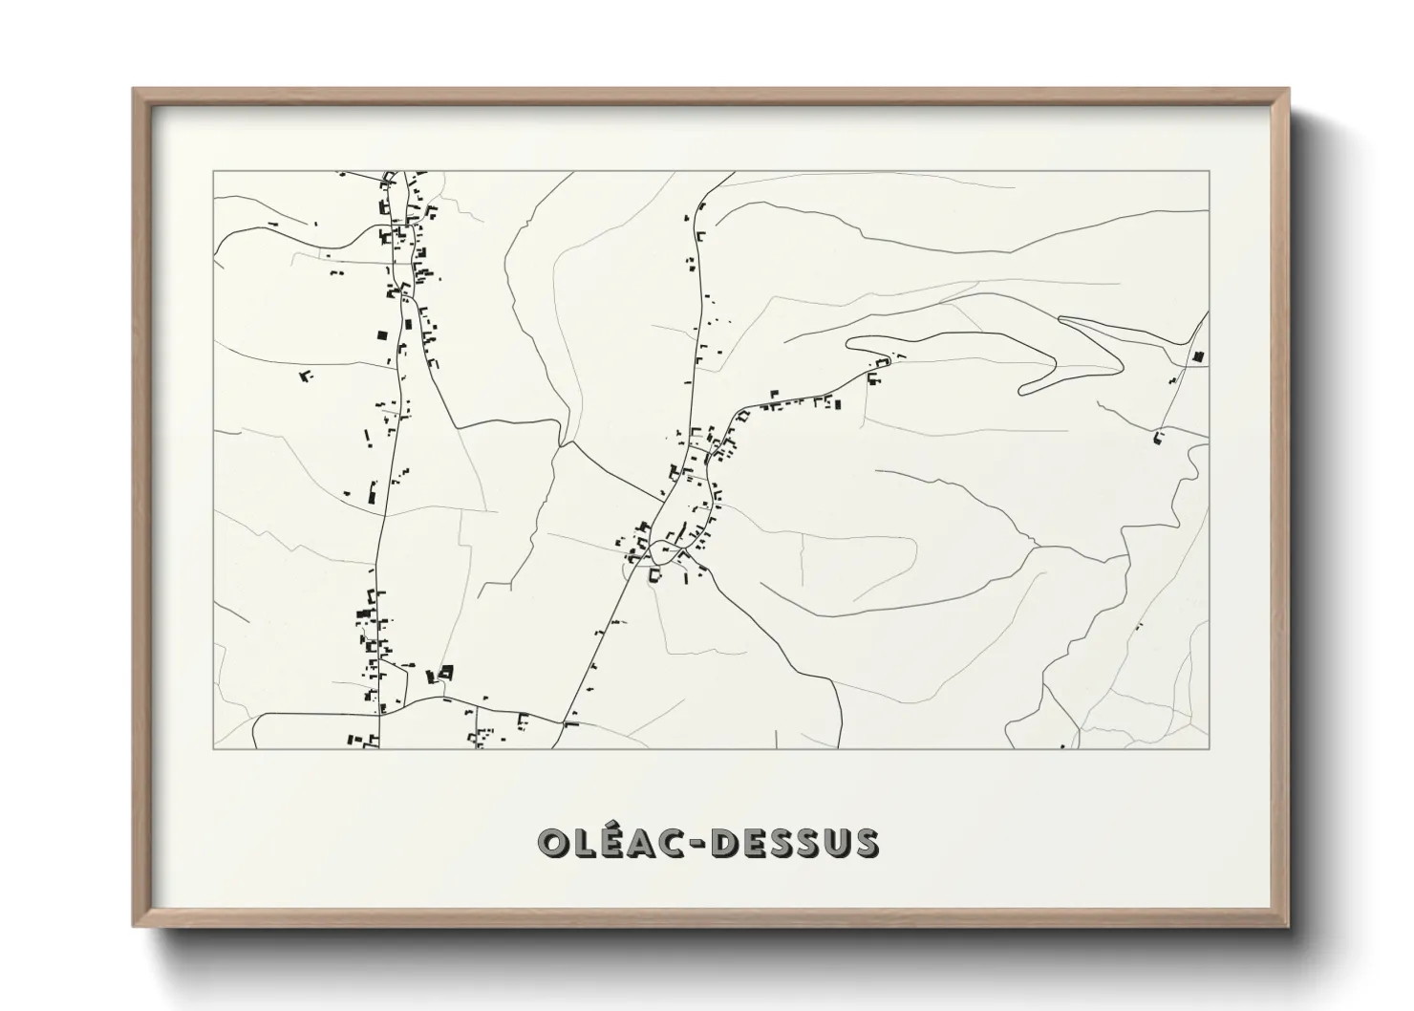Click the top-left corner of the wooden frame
coord(134,90)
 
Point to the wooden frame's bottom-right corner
coord(1288,926)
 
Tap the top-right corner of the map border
coord(1209,172)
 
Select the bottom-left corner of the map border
coord(213,748)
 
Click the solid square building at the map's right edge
coord(1197,357)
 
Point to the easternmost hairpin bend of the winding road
coord(1121,361)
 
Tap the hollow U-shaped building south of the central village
coord(655,576)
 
